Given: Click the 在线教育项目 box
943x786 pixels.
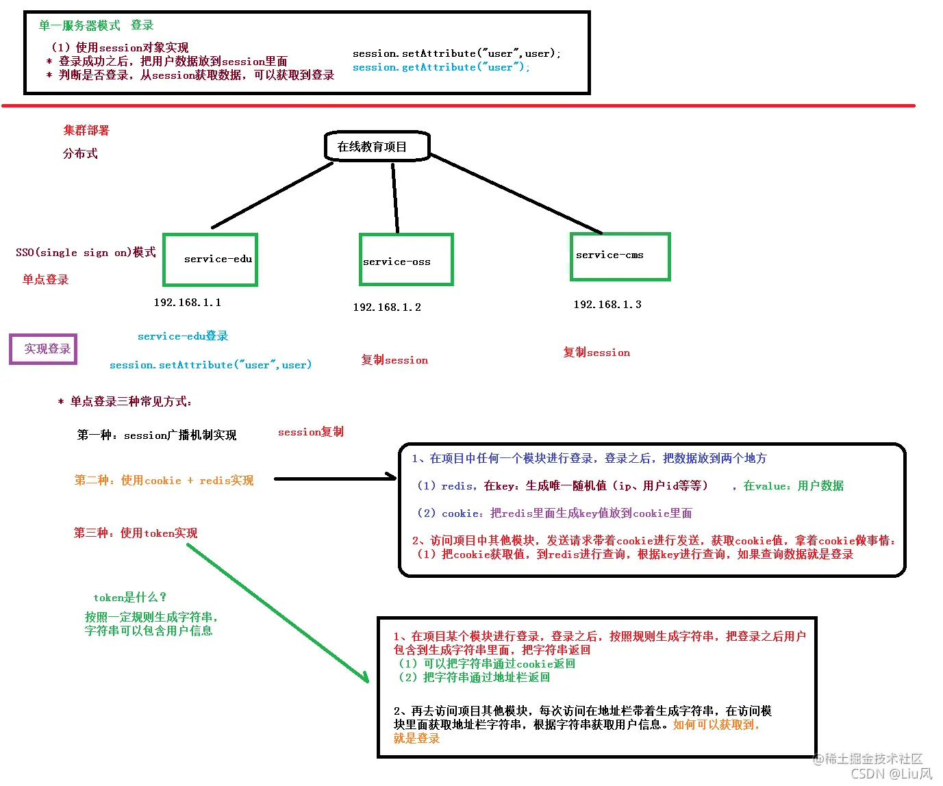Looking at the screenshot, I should coord(377,147).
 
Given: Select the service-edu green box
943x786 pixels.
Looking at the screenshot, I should coord(210,259).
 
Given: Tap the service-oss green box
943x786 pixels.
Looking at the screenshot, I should coord(406,259).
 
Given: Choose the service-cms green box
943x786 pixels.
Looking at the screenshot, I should coord(620,256).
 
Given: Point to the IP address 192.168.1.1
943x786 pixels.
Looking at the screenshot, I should coord(187,303).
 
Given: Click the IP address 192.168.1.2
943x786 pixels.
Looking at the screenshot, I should coord(387,307).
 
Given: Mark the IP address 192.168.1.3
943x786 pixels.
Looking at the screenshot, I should coord(607,305).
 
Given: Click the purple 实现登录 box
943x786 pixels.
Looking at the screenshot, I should coord(43,349).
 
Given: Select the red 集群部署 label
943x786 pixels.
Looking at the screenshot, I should coord(86,130).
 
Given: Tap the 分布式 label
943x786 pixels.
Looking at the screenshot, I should coord(80,153).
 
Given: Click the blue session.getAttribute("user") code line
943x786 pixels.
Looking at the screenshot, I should coord(440,67).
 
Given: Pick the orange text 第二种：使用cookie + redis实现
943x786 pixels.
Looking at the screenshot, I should coord(164,481).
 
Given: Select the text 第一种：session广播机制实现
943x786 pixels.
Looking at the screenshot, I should coord(157,435).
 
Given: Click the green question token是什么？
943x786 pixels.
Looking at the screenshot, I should coord(130,598).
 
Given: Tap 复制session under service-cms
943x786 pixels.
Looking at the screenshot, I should coord(596,353).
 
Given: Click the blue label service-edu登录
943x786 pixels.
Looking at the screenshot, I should coord(183,336).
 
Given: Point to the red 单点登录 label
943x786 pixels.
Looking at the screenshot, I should coord(46,279).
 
